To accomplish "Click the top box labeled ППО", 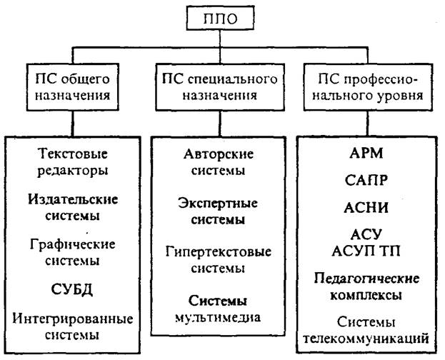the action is pyautogui.click(x=220, y=18).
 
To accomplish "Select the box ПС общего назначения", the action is pyautogui.click(x=73, y=87).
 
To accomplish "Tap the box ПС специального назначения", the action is pyautogui.click(x=220, y=87).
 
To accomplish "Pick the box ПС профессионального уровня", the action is pyautogui.click(x=368, y=87).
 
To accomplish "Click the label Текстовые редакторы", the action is pyautogui.click(x=73, y=162).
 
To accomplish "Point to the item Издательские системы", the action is pyautogui.click(x=73, y=208).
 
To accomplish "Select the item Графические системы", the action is pyautogui.click(x=73, y=252).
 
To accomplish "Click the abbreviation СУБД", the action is pyautogui.click(x=72, y=289).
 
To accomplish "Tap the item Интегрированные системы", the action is pyautogui.click(x=73, y=327).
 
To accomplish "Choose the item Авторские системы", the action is pyautogui.click(x=219, y=162).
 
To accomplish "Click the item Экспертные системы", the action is pyautogui.click(x=218, y=211).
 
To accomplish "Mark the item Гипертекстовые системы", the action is pyautogui.click(x=219, y=260).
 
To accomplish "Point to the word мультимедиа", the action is pyautogui.click(x=218, y=318).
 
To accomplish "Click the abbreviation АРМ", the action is pyautogui.click(x=366, y=154).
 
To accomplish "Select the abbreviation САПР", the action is pyautogui.click(x=366, y=180).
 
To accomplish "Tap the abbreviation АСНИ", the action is pyautogui.click(x=366, y=208).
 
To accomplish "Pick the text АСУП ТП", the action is pyautogui.click(x=366, y=251).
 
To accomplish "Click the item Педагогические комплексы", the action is pyautogui.click(x=366, y=286).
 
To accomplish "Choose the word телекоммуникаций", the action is pyautogui.click(x=366, y=339).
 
